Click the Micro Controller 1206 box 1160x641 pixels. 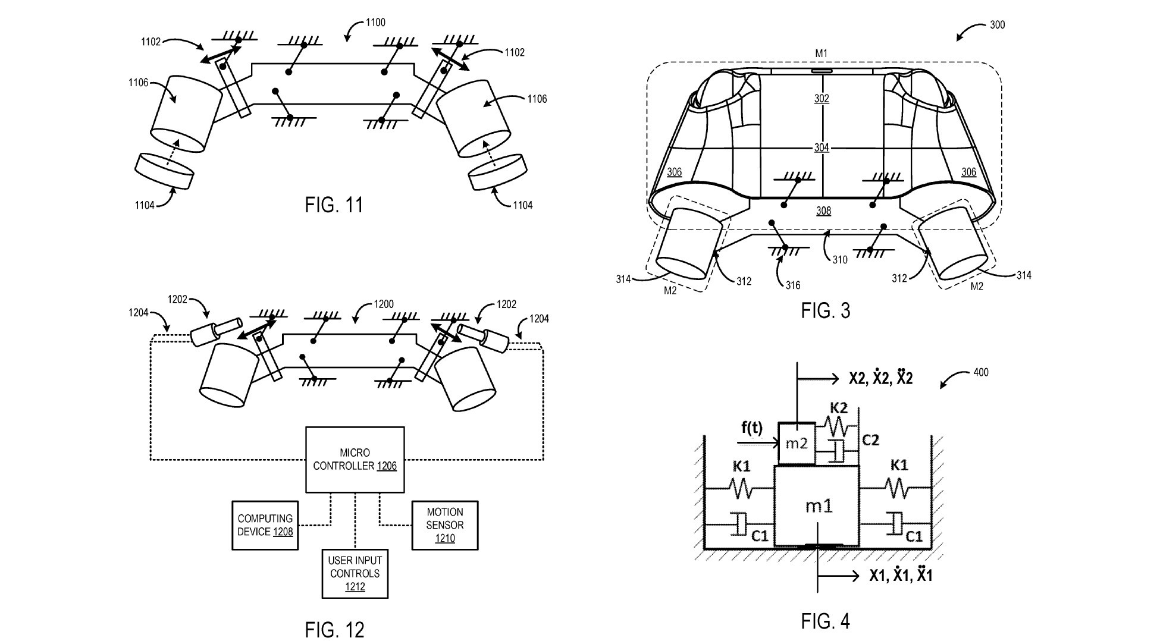(355, 459)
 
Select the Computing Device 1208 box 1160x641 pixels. (265, 525)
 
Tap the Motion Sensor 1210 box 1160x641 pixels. (445, 525)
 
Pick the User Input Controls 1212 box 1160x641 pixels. (355, 573)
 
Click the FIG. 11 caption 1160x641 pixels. (334, 205)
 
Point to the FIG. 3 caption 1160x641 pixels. (826, 310)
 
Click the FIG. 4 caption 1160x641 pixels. (826, 621)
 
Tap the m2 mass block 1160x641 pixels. (797, 443)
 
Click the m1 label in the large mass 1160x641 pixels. (819, 506)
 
